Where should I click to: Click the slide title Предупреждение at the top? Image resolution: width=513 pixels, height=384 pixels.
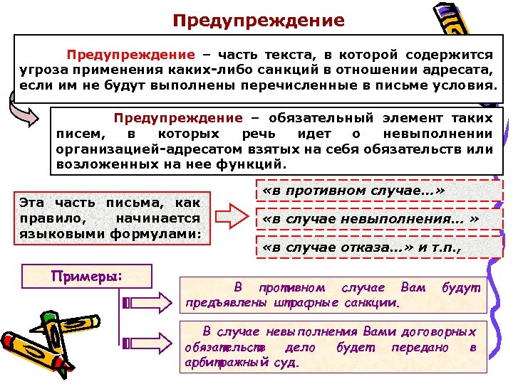tap(259, 20)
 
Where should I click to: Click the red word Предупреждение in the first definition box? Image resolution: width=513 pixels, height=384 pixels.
tap(130, 54)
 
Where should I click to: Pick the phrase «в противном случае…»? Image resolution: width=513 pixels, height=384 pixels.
tap(353, 191)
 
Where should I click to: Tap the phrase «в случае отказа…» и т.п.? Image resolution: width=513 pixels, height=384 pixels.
tap(363, 248)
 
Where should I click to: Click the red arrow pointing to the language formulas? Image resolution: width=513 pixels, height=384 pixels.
tap(232, 213)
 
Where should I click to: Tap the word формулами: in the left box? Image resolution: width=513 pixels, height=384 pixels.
tap(163, 233)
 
